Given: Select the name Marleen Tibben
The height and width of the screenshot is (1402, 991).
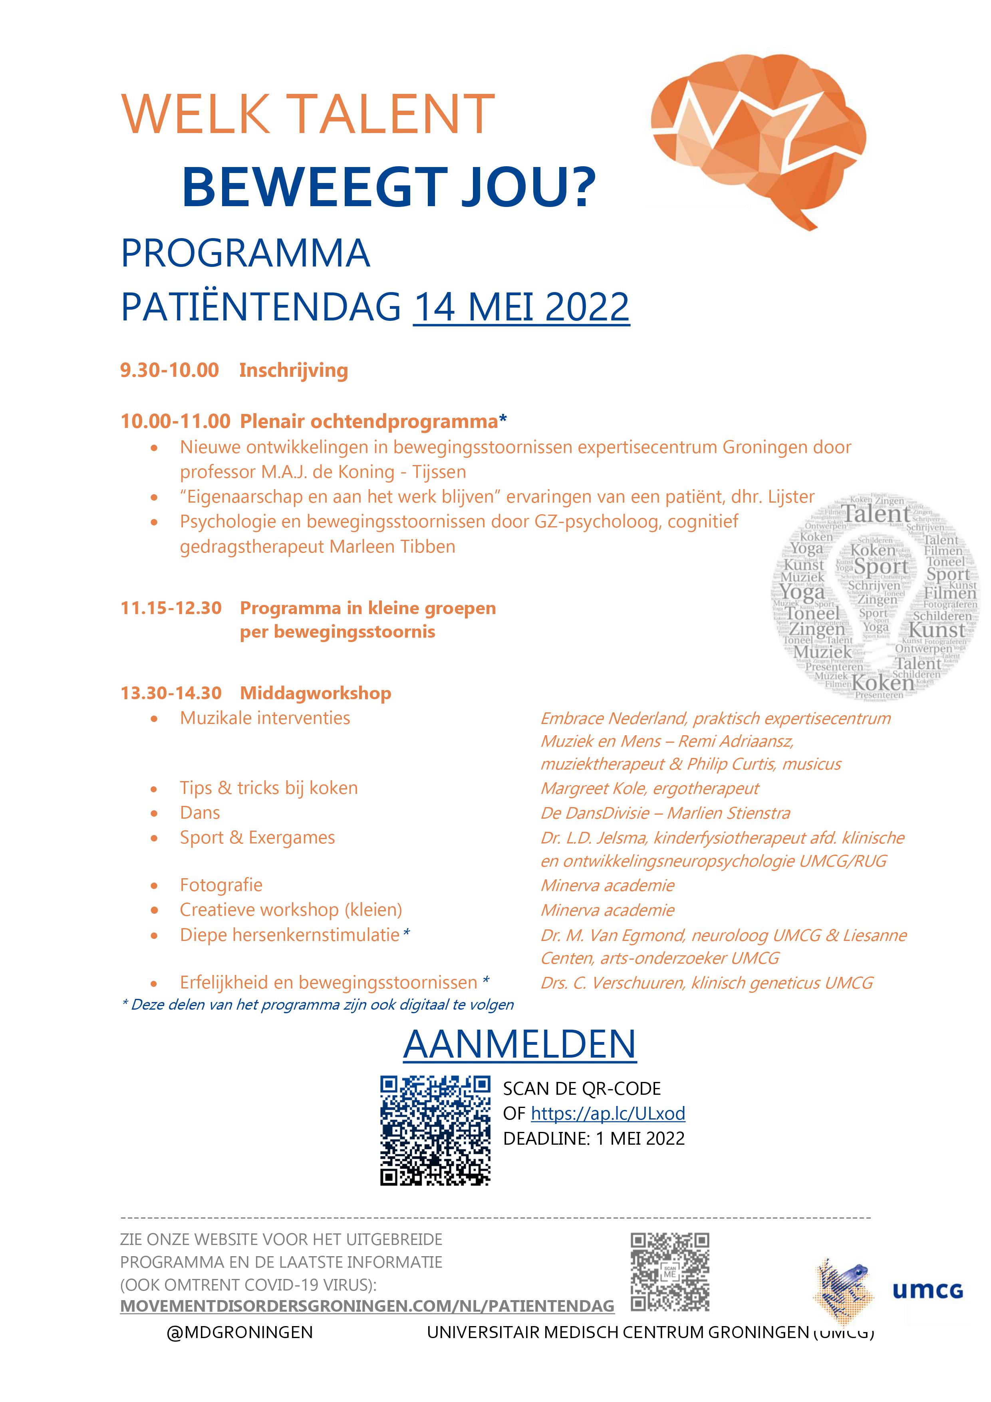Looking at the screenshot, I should [393, 547].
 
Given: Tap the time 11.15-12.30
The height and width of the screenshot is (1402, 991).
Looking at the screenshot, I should [171, 608].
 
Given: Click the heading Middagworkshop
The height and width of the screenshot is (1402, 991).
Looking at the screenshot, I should [315, 693].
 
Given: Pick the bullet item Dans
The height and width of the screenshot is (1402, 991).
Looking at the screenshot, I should [200, 813].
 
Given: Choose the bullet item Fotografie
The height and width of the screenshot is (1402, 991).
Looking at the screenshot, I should [221, 885].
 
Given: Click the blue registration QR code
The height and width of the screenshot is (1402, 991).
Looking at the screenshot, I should [435, 1130].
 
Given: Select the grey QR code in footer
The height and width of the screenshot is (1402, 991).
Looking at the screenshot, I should [670, 1272].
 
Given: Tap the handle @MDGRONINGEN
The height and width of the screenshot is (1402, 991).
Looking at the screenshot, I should [239, 1332].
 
